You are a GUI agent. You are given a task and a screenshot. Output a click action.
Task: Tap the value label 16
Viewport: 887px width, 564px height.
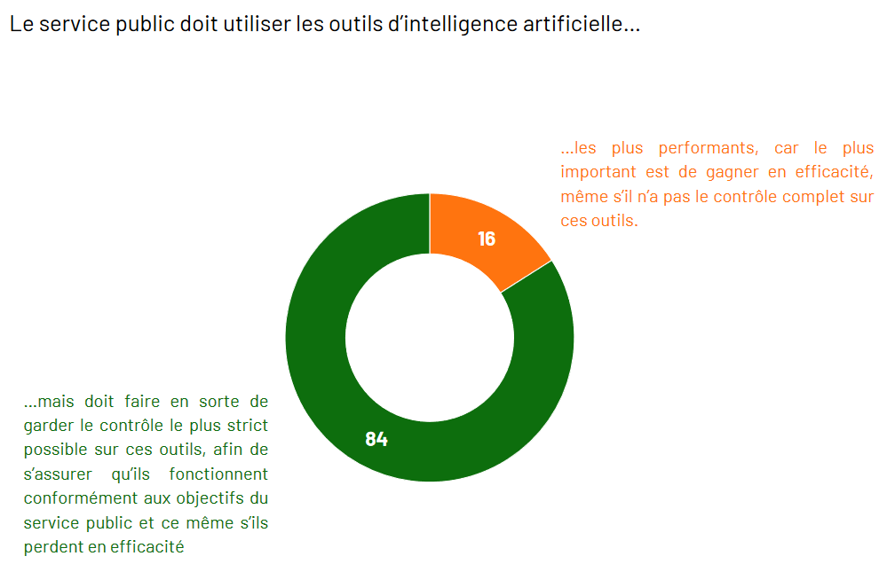coord(487,239)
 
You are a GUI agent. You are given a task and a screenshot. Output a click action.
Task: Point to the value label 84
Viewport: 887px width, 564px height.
coord(376,439)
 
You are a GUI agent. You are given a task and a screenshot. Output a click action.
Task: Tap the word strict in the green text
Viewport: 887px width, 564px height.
coord(246,427)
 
